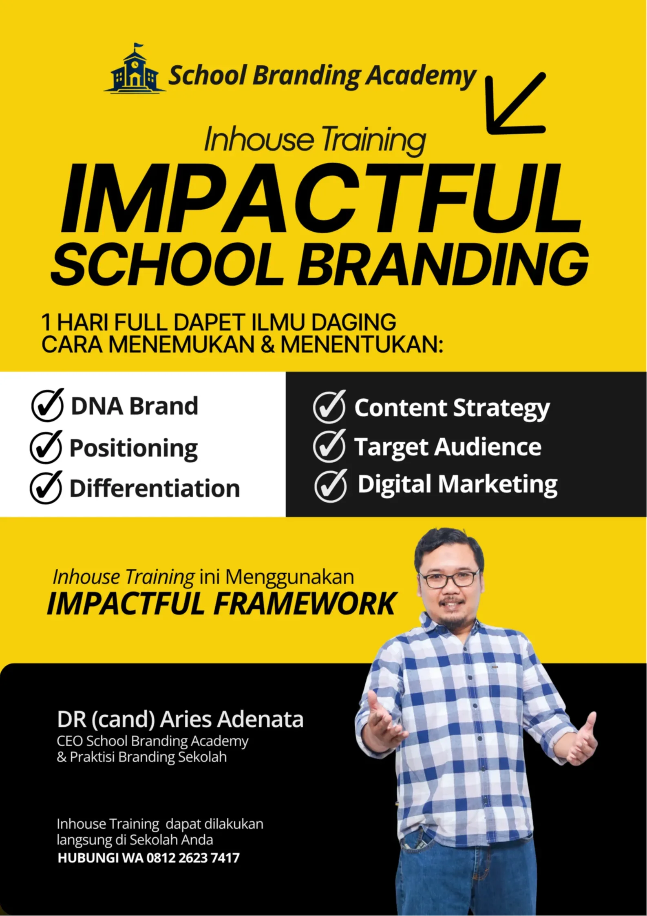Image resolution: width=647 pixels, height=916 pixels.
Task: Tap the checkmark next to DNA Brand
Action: (48, 405)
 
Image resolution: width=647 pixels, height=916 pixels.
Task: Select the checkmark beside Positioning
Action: (46, 447)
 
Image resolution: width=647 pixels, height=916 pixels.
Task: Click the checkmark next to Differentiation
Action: (46, 487)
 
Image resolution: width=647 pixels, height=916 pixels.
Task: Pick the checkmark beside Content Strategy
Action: (329, 406)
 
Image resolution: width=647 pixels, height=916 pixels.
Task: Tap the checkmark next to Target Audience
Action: (329, 446)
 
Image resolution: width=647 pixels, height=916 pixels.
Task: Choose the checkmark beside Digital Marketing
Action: (331, 485)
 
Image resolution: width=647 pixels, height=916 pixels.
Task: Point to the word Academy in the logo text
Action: (420, 76)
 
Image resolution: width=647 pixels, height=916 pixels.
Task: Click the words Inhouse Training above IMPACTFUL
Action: (315, 140)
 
